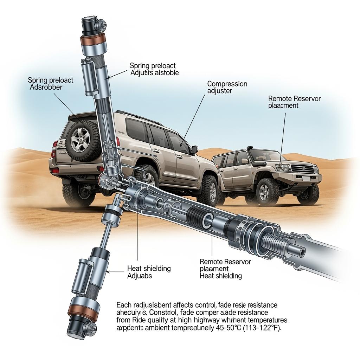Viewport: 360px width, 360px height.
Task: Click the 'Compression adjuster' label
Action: pos(227,88)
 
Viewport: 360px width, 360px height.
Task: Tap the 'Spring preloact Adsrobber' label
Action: pos(50,84)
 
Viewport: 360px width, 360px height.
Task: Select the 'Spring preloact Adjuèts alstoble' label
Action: pos(154,69)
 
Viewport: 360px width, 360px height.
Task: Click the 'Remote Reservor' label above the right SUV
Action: pos(294,102)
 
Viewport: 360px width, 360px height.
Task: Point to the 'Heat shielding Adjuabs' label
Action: pos(149,272)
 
